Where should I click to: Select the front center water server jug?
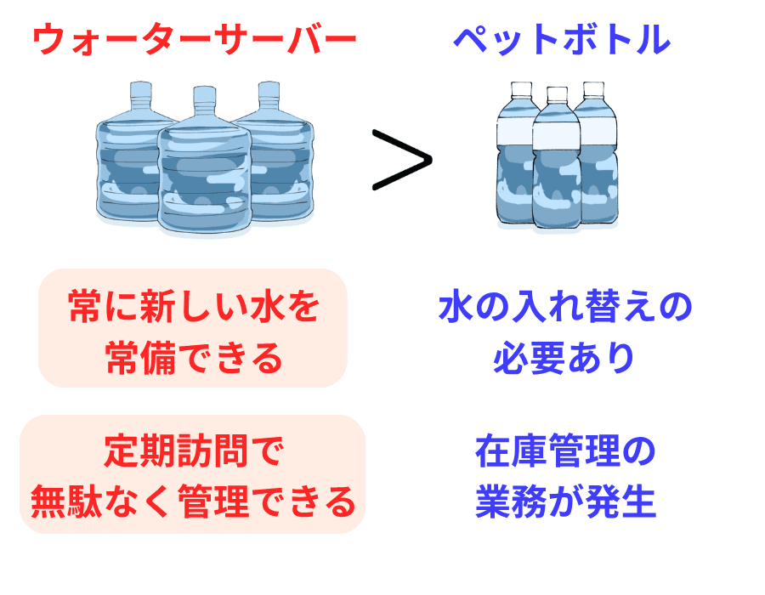[x=204, y=174]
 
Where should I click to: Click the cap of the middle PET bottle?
[x=557, y=94]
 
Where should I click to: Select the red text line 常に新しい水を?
[x=194, y=309]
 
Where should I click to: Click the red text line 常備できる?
[x=194, y=358]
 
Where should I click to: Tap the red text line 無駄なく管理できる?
[x=193, y=502]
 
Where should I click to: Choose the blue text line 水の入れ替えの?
[x=565, y=308]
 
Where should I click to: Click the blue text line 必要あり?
[x=565, y=358]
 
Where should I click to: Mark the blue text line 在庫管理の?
[x=565, y=452]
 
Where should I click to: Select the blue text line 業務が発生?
[x=565, y=502]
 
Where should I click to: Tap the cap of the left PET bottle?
[x=518, y=88]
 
